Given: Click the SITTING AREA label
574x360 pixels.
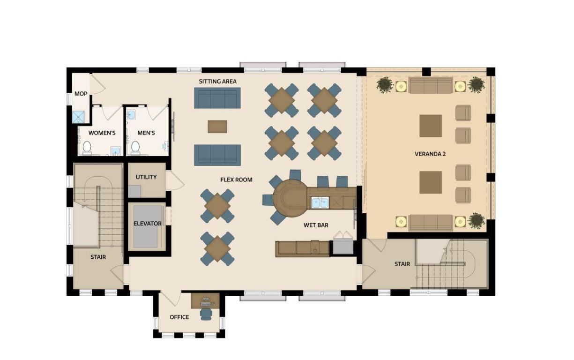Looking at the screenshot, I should click(217, 82).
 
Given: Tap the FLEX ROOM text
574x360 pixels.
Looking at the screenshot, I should click(236, 180).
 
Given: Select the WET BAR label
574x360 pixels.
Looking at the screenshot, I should click(316, 225).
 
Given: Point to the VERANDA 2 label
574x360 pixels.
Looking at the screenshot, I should click(430, 154).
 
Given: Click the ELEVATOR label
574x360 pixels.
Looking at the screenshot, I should click(147, 224).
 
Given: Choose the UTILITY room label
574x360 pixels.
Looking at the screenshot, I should click(146, 177).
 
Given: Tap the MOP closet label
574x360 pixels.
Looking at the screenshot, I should click(81, 94).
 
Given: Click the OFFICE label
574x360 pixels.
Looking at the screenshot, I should click(179, 317).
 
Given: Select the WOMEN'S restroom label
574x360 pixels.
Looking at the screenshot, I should click(102, 133).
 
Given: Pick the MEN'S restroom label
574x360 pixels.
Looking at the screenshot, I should click(146, 133).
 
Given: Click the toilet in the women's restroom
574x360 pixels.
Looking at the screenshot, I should click(87, 147).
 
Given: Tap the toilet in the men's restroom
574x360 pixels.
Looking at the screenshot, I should click(135, 147).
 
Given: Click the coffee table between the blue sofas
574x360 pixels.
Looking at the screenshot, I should click(217, 126).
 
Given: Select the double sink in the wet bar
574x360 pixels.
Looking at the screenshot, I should click(321, 202).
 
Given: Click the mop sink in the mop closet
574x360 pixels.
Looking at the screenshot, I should click(78, 117).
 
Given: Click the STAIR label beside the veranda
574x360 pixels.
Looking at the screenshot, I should click(402, 264).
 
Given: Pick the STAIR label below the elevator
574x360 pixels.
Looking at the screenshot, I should click(98, 257).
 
